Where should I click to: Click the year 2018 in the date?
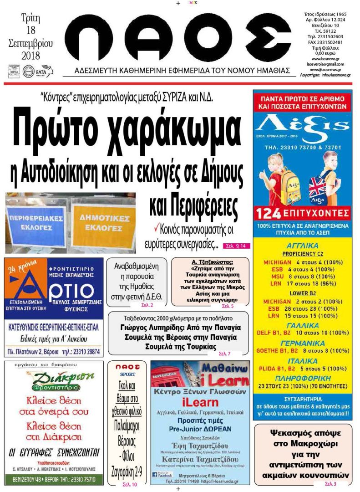click(x=30, y=56)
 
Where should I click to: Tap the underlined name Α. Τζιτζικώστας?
click(x=210, y=262)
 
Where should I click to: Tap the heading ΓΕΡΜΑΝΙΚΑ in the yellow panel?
click(x=302, y=342)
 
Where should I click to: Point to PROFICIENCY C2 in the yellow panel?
click(x=303, y=254)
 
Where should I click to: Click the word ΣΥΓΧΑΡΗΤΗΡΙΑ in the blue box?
click(x=303, y=398)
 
